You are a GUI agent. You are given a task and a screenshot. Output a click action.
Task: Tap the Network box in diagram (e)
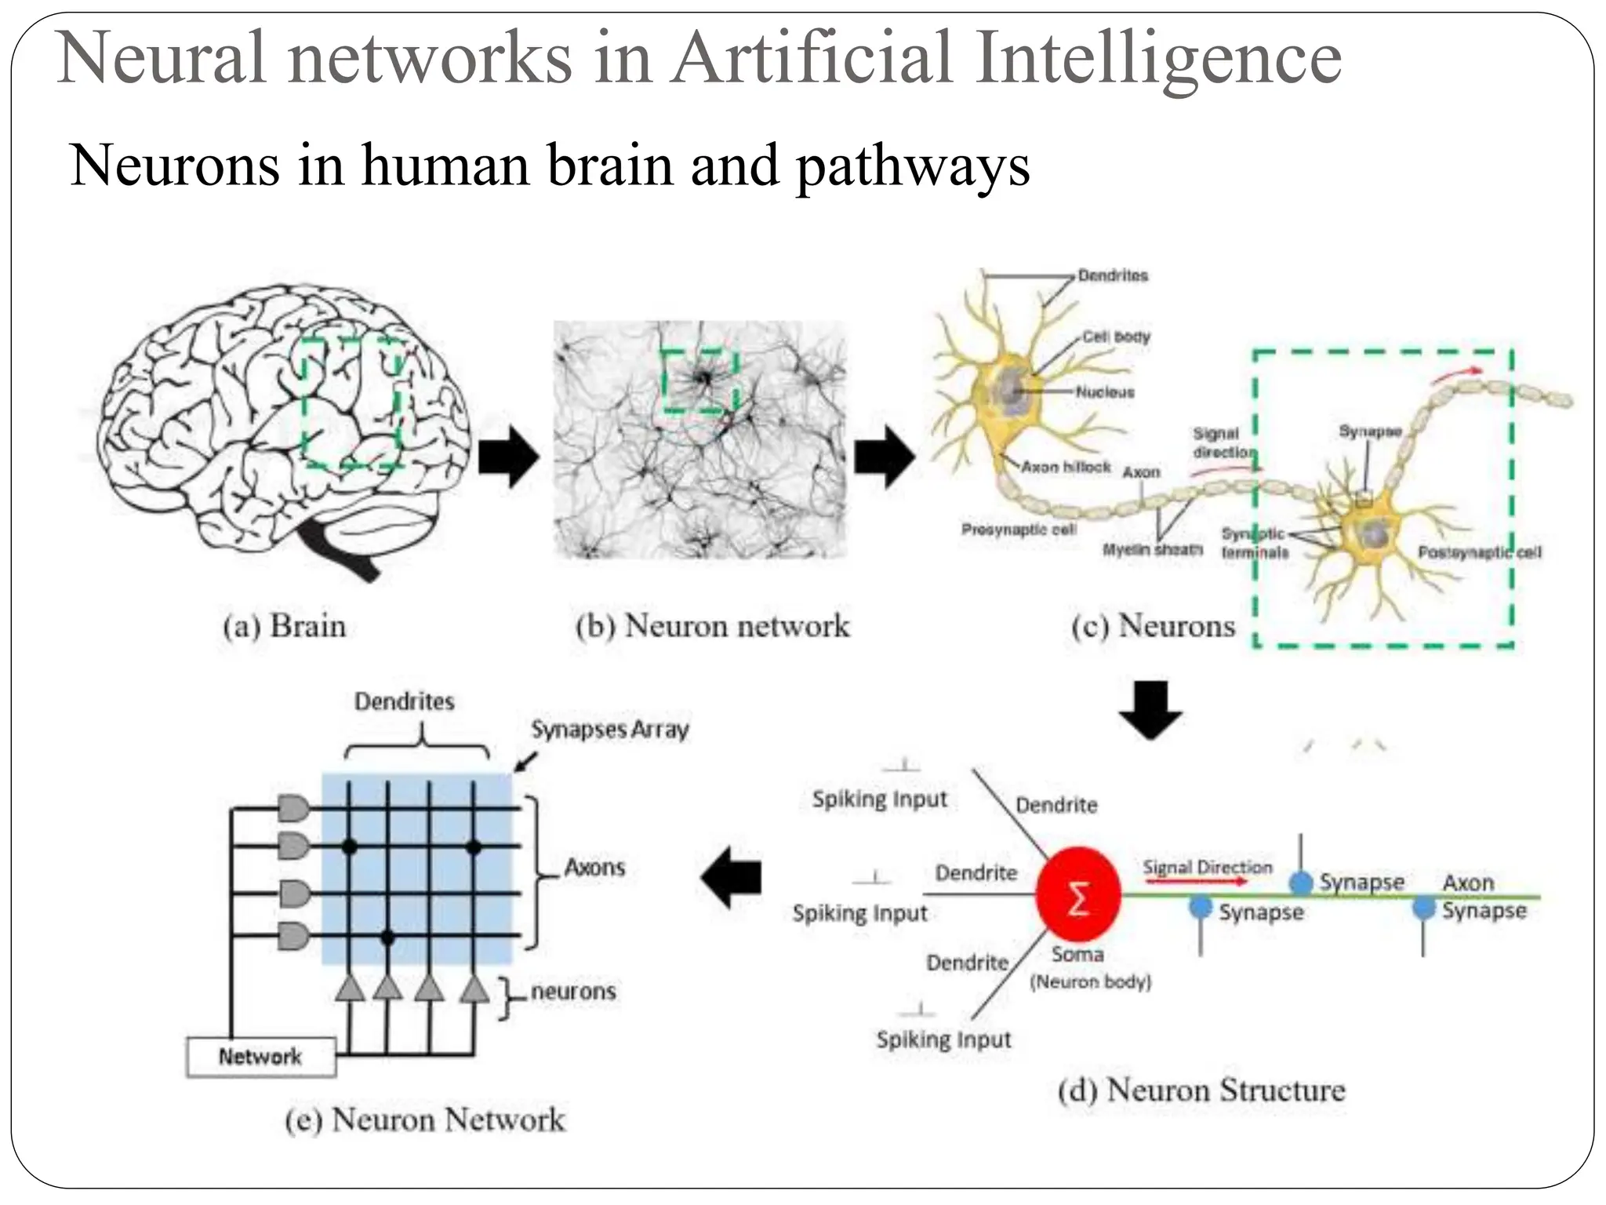click(260, 1057)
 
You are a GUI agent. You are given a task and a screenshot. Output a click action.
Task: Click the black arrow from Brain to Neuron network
click(508, 457)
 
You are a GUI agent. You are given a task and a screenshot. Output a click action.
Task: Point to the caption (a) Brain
click(284, 626)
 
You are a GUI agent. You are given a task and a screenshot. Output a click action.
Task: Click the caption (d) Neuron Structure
click(1201, 1090)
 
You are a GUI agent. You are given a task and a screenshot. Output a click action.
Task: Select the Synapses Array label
click(609, 730)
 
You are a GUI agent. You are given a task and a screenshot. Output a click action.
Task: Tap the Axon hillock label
click(1066, 467)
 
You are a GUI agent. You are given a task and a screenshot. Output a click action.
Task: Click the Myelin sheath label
click(1152, 549)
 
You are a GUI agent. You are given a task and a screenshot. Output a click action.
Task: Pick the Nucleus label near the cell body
click(1104, 391)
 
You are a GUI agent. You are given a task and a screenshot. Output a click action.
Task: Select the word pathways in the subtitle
click(913, 166)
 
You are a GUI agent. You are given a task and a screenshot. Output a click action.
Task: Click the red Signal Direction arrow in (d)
click(1195, 881)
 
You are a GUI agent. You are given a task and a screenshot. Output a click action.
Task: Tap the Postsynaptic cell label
click(1479, 552)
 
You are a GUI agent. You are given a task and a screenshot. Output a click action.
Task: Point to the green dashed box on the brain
click(352, 402)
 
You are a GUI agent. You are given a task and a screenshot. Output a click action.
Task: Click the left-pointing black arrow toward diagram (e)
click(731, 877)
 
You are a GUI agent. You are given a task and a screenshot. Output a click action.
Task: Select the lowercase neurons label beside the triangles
click(573, 991)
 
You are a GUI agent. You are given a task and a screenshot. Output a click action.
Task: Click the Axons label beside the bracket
click(594, 867)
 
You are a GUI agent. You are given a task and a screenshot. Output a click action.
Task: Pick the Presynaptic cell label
click(1018, 530)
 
